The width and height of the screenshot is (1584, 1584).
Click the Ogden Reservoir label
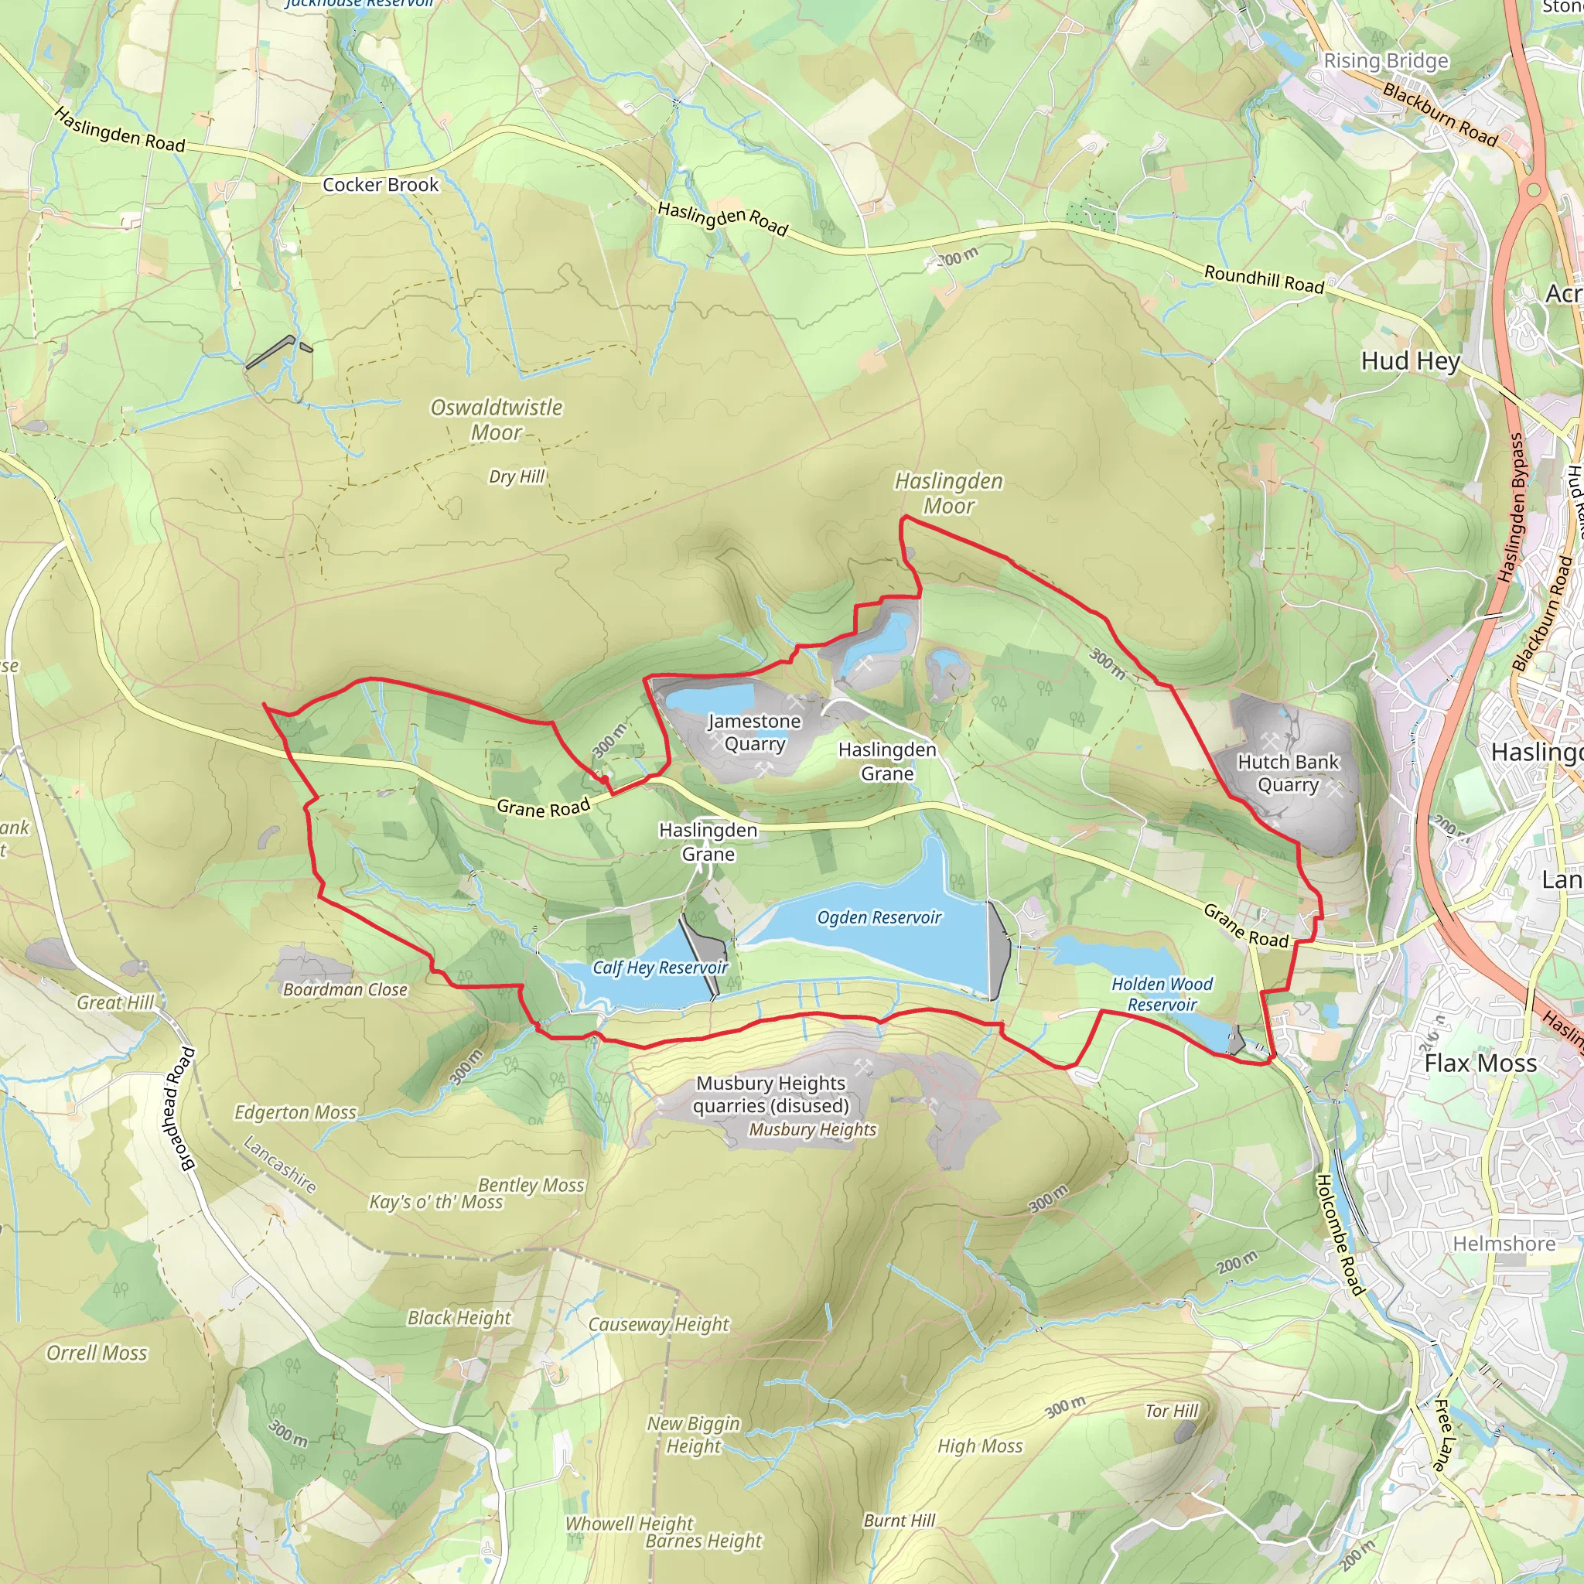coord(879,917)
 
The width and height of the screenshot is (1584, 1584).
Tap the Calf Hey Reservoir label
coord(660,968)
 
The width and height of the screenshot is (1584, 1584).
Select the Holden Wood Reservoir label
coord(1162,994)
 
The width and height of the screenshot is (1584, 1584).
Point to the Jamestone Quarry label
coord(754,732)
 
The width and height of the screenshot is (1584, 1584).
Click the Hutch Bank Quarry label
coord(1288,773)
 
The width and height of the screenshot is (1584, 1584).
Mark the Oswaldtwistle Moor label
coord(497,419)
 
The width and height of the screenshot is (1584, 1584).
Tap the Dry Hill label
coord(517,476)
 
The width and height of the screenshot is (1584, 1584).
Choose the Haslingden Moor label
coord(948,493)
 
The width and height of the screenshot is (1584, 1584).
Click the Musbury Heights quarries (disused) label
coord(770,1094)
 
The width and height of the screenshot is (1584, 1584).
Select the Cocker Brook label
coord(381,185)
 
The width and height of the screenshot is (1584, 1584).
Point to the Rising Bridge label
coord(1385,60)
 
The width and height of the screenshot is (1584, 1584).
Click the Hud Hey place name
coord(1410,360)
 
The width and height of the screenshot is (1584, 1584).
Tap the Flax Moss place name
coord(1480,1063)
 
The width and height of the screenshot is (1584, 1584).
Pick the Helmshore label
coord(1504,1244)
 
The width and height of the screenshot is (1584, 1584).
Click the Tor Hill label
coord(1172,1411)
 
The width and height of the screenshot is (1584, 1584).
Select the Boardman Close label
coord(345,989)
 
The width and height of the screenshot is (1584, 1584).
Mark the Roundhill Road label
coord(1264,279)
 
